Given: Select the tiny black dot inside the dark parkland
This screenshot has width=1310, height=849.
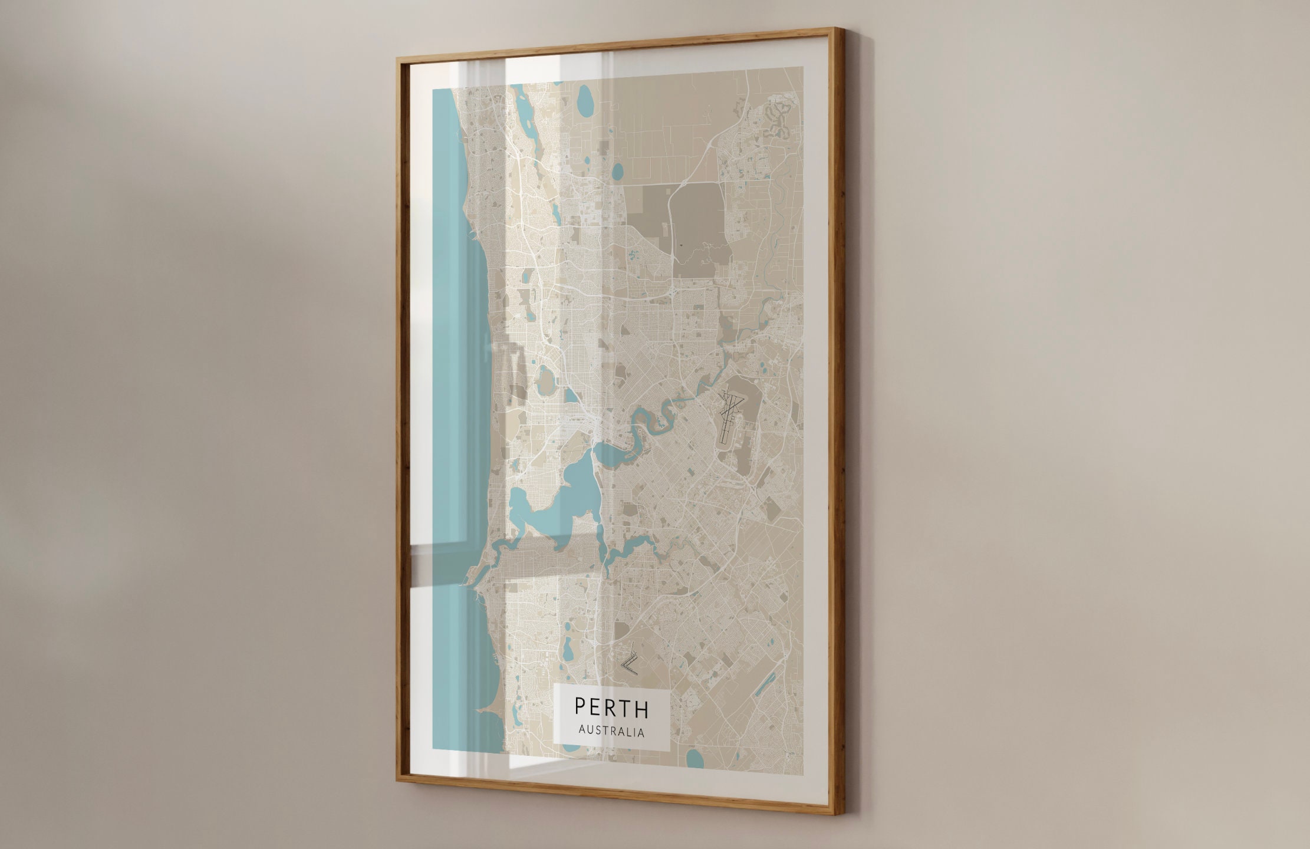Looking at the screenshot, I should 680,243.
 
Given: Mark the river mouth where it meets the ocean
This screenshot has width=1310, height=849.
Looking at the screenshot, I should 470,584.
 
